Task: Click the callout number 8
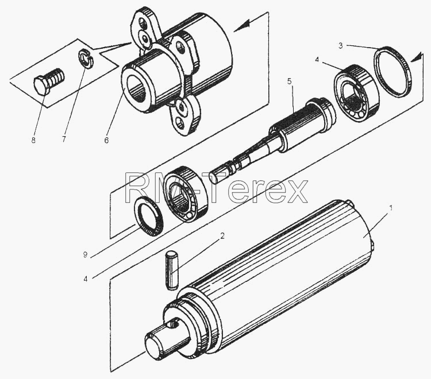pos(33,140)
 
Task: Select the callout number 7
pos(64,139)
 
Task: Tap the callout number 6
pos(106,140)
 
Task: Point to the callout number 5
pos(289,82)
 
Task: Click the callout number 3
pos(341,45)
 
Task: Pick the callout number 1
pos(391,208)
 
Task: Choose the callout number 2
pos(222,235)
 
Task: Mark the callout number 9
pos(86,255)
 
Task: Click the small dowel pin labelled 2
pos(171,269)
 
